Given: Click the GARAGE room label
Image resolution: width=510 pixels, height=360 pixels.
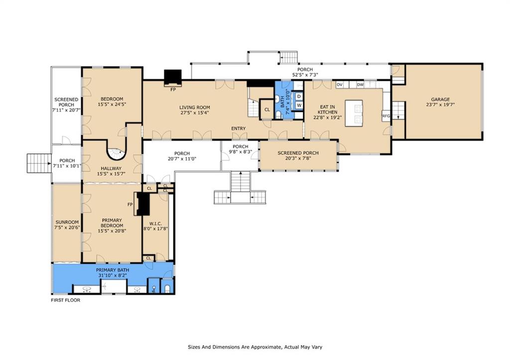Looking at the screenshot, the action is tap(440, 100).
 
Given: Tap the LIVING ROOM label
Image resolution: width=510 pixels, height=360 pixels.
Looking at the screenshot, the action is tap(195, 108).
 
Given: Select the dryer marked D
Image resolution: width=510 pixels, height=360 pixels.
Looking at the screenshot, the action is tap(299, 97).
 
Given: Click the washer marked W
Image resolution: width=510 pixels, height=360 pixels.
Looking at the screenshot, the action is tap(299, 106).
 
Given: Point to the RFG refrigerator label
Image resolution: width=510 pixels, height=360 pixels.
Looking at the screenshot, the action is tap(386, 116).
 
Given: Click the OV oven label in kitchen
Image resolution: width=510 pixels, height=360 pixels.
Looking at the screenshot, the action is tap(340, 85).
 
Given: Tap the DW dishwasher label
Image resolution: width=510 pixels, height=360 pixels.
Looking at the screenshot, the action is tap(360, 85).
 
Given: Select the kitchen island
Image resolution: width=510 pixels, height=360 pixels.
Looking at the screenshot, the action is tap(354, 113).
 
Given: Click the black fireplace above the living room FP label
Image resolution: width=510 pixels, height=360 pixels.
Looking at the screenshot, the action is tap(172, 78).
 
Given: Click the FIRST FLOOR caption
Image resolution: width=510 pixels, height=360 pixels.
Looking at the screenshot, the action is tap(65, 300).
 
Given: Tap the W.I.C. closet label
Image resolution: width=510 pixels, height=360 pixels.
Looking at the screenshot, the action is tap(155, 224).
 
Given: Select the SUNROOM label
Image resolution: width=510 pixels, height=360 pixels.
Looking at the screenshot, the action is tap(67, 223).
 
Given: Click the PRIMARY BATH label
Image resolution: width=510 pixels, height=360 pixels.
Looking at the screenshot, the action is tap(113, 270).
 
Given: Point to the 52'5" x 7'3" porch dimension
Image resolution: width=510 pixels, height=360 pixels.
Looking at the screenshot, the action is tap(305, 75).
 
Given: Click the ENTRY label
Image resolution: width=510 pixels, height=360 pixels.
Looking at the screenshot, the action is tap(239, 128).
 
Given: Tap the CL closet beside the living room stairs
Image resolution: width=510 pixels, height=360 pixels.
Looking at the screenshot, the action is tap(267, 110).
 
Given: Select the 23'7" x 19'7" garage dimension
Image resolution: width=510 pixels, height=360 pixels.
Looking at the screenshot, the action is tap(440, 105).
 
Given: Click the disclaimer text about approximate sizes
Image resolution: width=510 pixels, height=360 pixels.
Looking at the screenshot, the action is tap(255, 347).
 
